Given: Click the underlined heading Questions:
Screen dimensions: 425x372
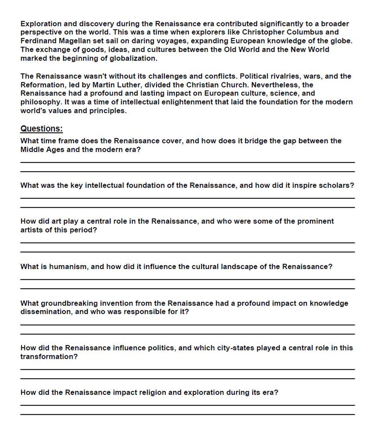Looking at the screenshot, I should [41, 129].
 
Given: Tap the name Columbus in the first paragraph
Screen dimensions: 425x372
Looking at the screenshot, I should [305, 32].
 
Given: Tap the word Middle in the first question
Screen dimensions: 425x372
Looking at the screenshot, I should [32, 150].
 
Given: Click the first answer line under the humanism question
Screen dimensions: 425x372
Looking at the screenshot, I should [187, 280].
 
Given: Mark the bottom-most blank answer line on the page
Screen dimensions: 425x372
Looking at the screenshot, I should [187, 415].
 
